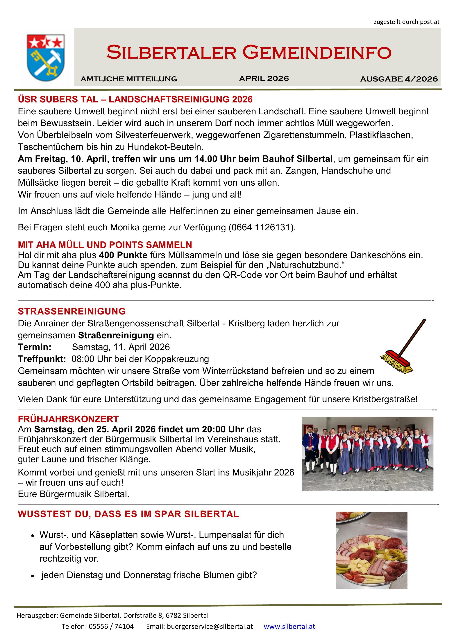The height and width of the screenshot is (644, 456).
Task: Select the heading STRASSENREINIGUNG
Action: [x=72, y=311]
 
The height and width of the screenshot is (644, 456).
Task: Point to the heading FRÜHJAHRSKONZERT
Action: [x=68, y=419]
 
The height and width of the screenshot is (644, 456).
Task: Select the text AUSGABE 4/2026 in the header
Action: [x=399, y=79]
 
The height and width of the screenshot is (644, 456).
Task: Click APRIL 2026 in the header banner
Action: [x=264, y=79]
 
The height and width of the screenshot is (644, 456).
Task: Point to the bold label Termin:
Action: [x=35, y=347]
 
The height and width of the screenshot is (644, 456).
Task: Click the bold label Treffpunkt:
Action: [x=42, y=359]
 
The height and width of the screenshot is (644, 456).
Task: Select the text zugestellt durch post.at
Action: [x=406, y=22]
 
